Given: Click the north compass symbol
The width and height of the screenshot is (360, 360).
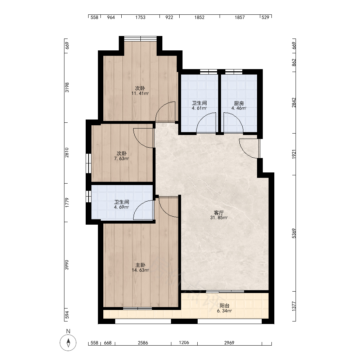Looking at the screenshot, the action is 68,343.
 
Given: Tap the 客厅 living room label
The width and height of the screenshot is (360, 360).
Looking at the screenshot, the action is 219,213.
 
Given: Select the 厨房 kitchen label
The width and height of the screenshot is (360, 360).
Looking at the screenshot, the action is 239,104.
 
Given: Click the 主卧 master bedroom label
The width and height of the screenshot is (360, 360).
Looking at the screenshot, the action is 140,265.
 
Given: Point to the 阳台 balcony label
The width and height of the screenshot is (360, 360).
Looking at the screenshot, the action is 224,306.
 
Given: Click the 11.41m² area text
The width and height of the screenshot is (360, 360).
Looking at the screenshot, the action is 140,94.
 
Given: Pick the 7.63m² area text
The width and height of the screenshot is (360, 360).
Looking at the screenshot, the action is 121,158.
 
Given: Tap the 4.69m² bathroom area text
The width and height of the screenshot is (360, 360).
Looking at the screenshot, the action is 121,207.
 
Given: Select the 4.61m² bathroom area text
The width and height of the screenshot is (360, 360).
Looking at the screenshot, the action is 199,108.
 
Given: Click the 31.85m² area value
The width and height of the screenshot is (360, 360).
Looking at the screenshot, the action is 219,218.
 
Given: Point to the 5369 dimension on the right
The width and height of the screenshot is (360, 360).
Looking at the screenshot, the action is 294,233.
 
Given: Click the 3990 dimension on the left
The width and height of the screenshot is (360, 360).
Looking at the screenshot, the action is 67,265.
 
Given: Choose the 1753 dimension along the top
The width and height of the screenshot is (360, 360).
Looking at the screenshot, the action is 140,17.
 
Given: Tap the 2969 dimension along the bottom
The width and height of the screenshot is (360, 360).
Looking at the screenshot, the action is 229,343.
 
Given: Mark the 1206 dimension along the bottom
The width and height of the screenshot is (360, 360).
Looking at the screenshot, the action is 184,343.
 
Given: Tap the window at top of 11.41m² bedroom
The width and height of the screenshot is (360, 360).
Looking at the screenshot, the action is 140,39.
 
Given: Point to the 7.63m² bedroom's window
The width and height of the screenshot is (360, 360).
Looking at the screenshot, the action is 89,163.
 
